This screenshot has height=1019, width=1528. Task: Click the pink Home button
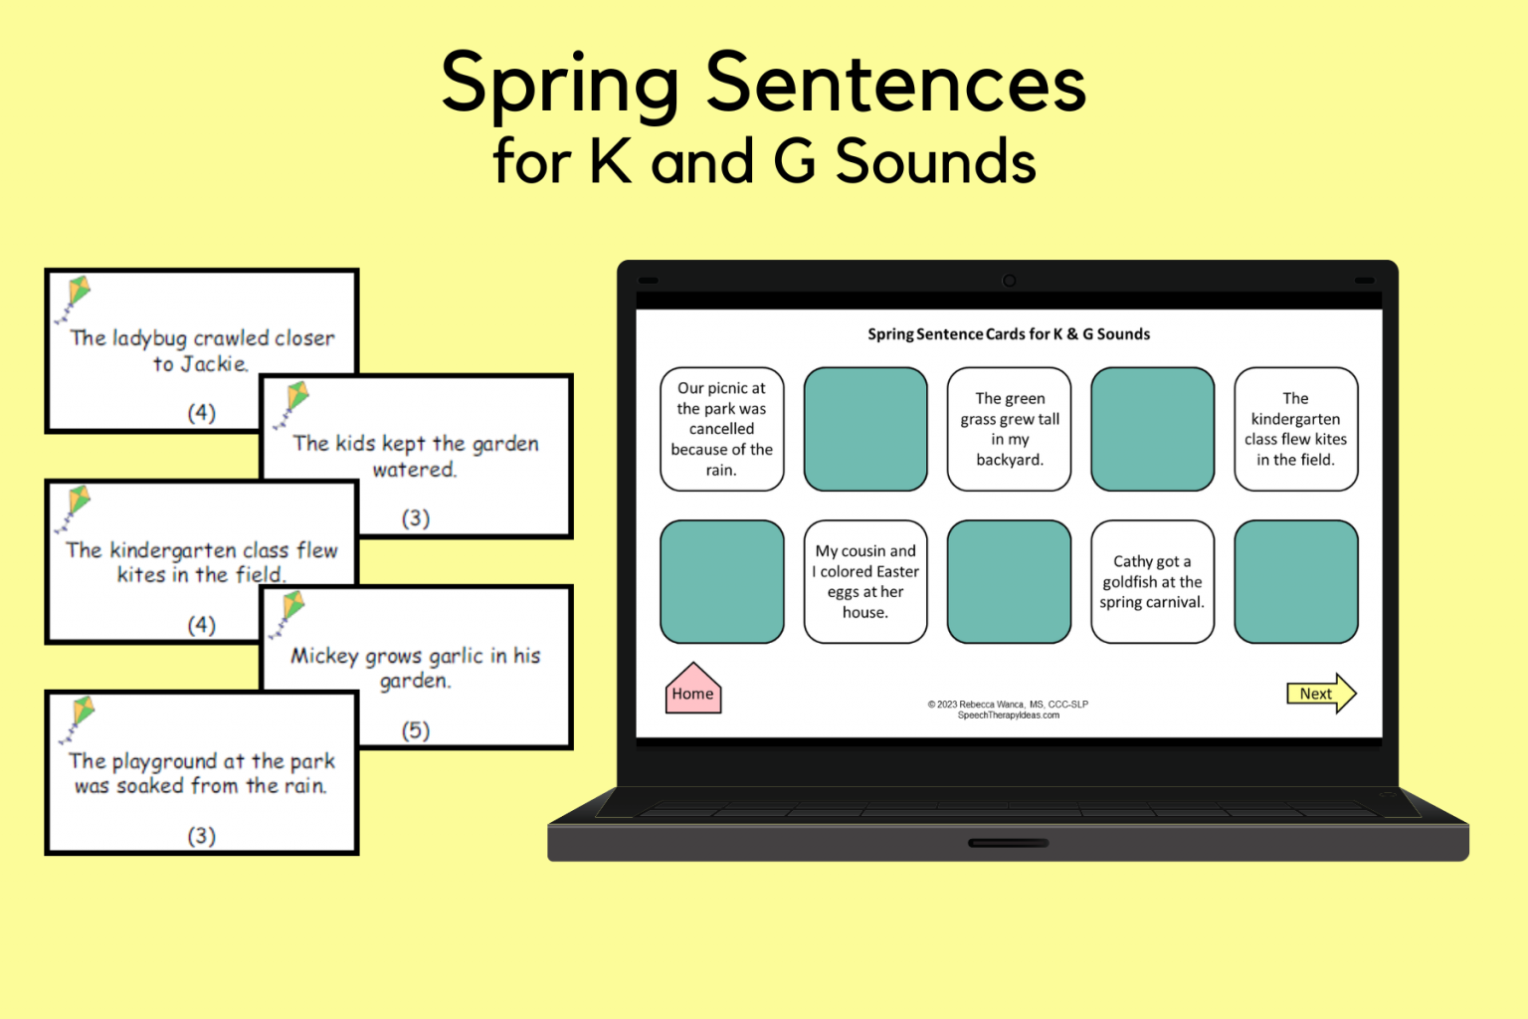tap(693, 690)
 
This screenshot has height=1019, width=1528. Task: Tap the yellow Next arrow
tap(1320, 694)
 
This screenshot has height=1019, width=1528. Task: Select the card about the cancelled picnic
tap(721, 429)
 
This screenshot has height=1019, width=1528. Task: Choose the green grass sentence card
tap(1009, 429)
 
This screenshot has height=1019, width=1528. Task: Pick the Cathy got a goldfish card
tap(1152, 582)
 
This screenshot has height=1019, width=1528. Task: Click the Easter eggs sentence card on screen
tap(865, 582)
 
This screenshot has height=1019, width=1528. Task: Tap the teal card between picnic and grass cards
tap(865, 429)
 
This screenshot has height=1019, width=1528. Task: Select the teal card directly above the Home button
tap(721, 582)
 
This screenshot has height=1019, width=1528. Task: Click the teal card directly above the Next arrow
tap(1295, 582)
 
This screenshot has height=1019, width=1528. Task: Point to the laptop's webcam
tap(1009, 281)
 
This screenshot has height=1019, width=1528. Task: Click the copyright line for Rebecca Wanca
tap(1008, 705)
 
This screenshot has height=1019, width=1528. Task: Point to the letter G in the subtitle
tap(794, 161)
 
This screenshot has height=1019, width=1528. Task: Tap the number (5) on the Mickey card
tap(416, 730)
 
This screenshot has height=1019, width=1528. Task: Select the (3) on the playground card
tap(202, 836)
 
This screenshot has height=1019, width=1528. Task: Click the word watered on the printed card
tap(414, 470)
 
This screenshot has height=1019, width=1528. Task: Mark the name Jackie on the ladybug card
tap(213, 364)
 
